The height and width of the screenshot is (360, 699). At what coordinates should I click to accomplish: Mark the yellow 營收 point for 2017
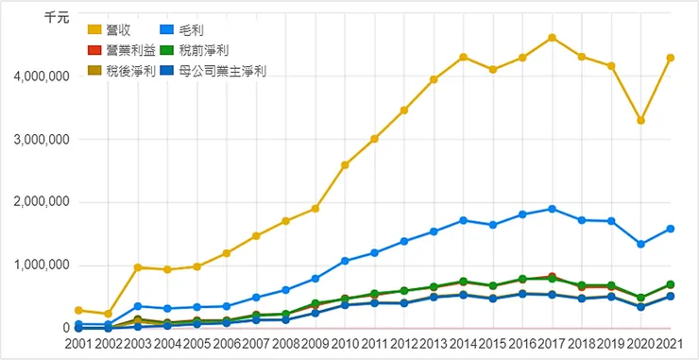(552, 38)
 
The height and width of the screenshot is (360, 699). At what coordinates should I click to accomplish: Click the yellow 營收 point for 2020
(641, 120)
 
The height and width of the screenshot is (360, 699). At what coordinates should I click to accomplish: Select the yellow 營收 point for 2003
(138, 267)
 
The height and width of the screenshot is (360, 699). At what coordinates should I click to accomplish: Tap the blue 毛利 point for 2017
(552, 209)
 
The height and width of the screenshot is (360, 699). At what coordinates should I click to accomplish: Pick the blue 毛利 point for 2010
(345, 261)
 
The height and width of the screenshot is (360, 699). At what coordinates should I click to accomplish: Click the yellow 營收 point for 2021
(671, 58)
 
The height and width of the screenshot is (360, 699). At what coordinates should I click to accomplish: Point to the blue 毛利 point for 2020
(641, 244)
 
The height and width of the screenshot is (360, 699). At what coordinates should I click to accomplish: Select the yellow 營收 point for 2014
(463, 57)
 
